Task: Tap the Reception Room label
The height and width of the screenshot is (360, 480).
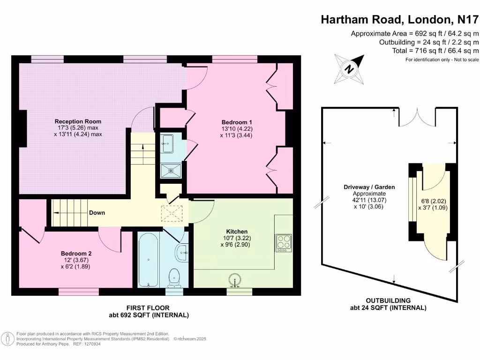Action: [x=78, y=121]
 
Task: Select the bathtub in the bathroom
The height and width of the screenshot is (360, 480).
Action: [x=148, y=260]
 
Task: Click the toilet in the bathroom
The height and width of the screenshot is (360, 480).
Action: [x=175, y=276]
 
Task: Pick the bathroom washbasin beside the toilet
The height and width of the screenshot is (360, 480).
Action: [x=182, y=254]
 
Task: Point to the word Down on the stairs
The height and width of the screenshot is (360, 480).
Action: [x=97, y=213]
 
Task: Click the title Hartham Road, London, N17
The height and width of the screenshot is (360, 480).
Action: [x=400, y=20]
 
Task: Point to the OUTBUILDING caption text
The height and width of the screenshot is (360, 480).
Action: [x=388, y=300]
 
